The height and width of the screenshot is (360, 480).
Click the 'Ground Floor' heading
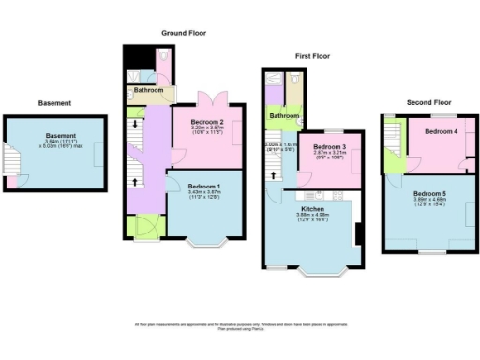pos(184,32)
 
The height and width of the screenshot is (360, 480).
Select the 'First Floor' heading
pos(315,56)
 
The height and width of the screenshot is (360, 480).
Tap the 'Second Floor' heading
pos(428,101)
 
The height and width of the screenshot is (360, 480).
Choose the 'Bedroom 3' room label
pos(330,147)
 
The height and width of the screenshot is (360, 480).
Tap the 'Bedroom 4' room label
pos(441,132)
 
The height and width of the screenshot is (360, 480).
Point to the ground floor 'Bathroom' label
pos(148,91)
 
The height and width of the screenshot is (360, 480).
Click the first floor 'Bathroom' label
pos(284,115)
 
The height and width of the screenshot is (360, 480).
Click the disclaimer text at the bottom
pos(240,326)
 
